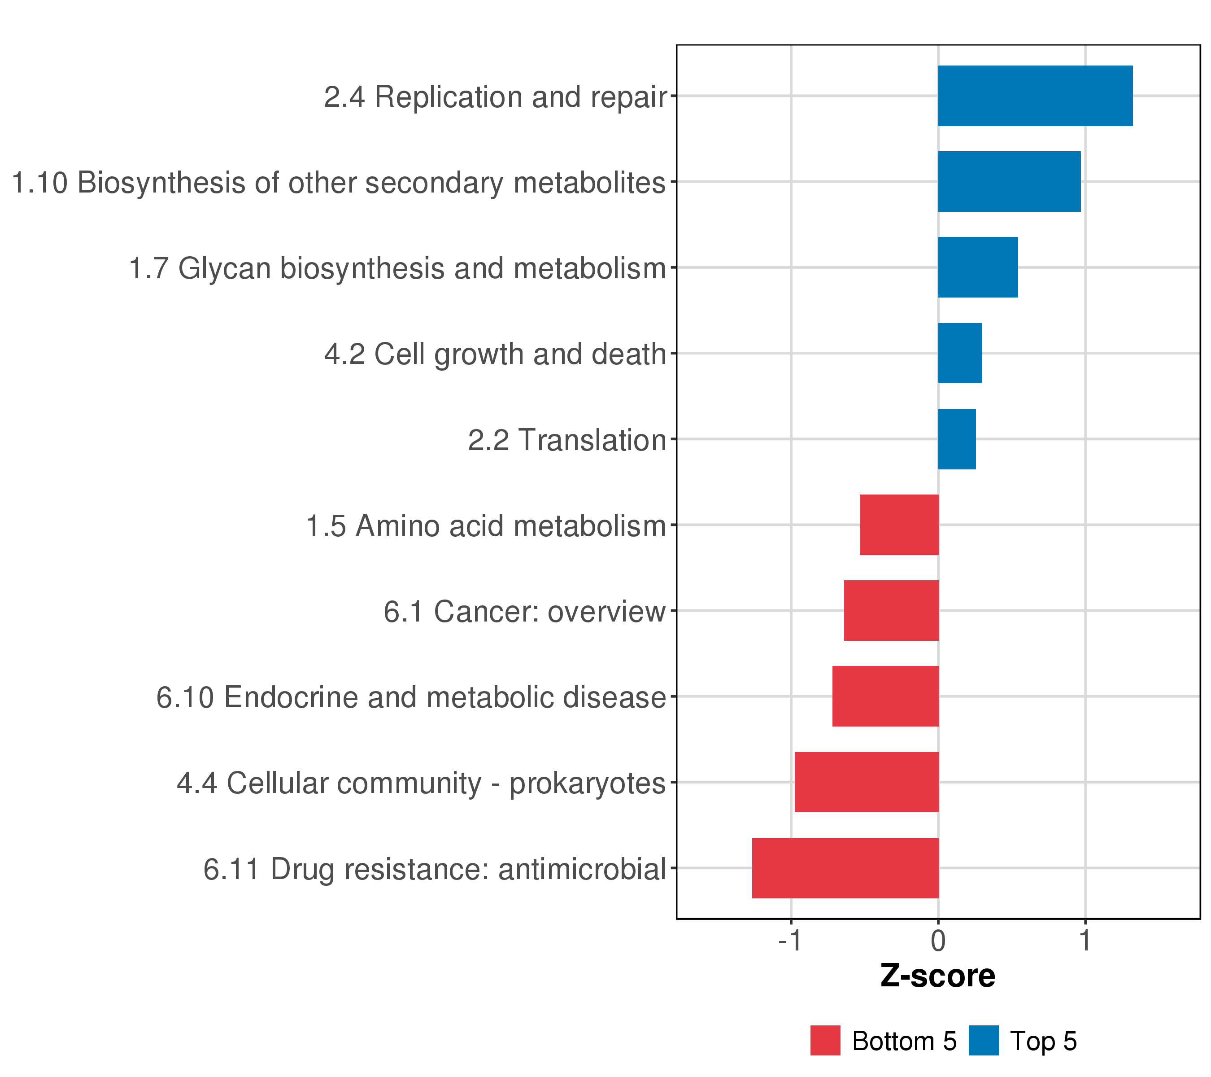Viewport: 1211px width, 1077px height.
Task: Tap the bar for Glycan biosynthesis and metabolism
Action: pyautogui.click(x=978, y=267)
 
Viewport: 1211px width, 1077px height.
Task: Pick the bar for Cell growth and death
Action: pyautogui.click(x=959, y=353)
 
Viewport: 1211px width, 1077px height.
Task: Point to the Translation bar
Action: pyautogui.click(x=956, y=439)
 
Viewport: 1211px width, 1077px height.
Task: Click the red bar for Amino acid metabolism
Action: pyautogui.click(x=899, y=525)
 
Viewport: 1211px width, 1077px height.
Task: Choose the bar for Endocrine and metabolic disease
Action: pyautogui.click(x=884, y=696)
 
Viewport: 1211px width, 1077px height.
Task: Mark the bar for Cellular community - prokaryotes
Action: pyautogui.click(x=866, y=782)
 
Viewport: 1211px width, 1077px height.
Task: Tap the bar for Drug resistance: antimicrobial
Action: pyautogui.click(x=845, y=868)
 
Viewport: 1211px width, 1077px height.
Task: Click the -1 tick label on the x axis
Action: pyautogui.click(x=790, y=941)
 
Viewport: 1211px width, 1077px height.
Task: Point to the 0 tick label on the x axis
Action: pyautogui.click(x=938, y=941)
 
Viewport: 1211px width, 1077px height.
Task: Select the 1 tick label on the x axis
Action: pyautogui.click(x=1085, y=941)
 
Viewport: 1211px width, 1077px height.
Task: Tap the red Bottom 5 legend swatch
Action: pyautogui.click(x=825, y=1041)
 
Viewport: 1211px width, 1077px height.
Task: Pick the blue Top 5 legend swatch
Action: pyautogui.click(x=984, y=1041)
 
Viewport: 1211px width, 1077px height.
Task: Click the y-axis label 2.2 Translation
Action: pyautogui.click(x=567, y=440)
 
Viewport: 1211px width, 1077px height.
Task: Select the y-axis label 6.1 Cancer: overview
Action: pyautogui.click(x=524, y=612)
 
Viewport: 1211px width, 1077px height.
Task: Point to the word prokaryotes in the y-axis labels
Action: pyautogui.click(x=587, y=784)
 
